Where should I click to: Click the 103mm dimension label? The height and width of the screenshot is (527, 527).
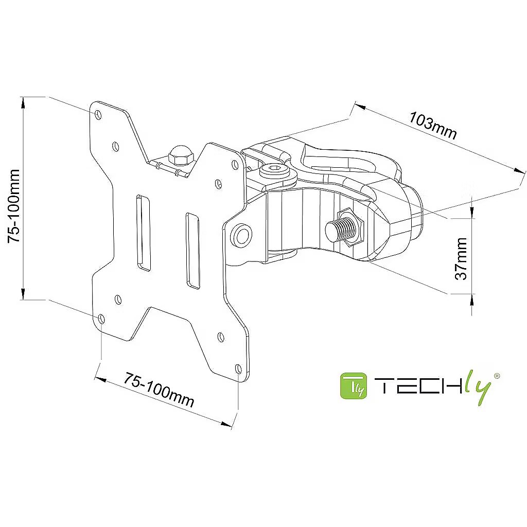coord(433,125)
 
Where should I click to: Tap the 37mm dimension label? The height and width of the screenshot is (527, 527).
coord(462,258)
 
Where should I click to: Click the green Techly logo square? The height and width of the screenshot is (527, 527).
coord(353,386)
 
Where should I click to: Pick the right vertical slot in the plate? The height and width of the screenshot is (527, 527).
coord(192,250)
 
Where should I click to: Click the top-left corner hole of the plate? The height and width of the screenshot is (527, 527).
coord(98,113)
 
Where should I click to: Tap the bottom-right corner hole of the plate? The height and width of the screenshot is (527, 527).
coord(238,369)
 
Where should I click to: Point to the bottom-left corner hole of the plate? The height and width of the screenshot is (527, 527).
coord(101,319)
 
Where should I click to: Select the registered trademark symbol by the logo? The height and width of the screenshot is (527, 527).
coord(497,376)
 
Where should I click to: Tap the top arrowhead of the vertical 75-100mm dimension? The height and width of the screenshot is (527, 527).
coord(23,102)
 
